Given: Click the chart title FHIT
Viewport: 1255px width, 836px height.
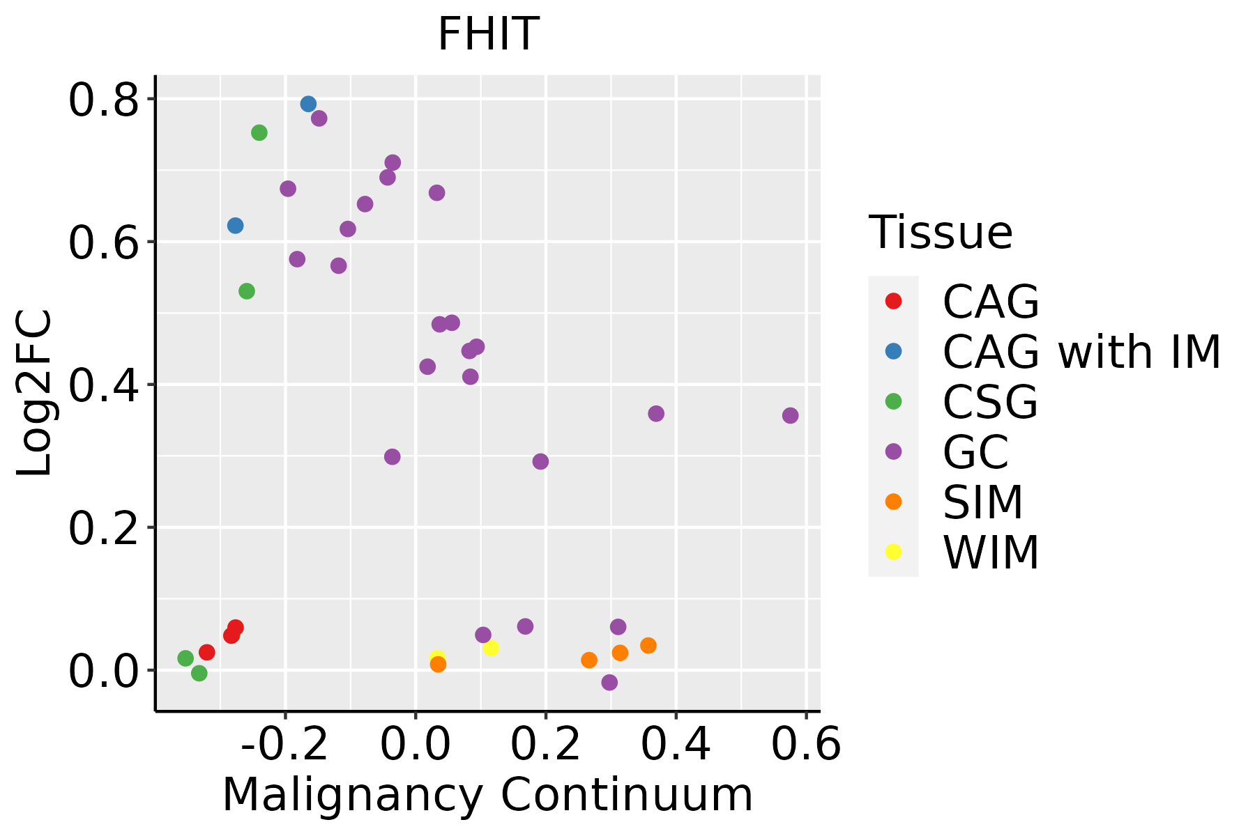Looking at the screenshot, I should point(488,33).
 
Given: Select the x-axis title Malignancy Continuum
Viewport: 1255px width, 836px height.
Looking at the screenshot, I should point(487,795).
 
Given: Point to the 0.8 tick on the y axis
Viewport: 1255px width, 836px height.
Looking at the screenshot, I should point(102,100).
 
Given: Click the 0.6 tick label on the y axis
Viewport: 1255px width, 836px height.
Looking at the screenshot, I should point(102,243).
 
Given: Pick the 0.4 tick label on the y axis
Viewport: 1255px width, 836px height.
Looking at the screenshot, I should point(102,386).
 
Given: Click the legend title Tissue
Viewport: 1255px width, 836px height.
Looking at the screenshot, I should point(941,233).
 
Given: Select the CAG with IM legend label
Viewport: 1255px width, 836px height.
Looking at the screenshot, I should point(1081,352).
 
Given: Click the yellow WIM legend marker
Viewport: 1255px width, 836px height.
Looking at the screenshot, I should point(893,552).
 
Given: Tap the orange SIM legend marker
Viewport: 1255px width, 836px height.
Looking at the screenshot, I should point(893,502).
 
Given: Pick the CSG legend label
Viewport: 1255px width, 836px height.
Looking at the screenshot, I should point(990,402).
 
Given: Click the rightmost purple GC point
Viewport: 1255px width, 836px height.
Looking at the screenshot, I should point(790,415).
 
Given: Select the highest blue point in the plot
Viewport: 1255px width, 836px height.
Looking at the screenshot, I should point(308,104).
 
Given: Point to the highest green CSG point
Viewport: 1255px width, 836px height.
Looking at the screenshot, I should point(259,132).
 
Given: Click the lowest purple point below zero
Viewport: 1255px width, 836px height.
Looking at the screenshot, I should point(609,682).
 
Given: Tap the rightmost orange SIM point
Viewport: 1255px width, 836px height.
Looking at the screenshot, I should point(648,645).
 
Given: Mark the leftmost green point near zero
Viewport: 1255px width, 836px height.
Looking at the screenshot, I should point(185,658).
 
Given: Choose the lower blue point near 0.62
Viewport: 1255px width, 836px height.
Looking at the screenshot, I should point(235,226).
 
